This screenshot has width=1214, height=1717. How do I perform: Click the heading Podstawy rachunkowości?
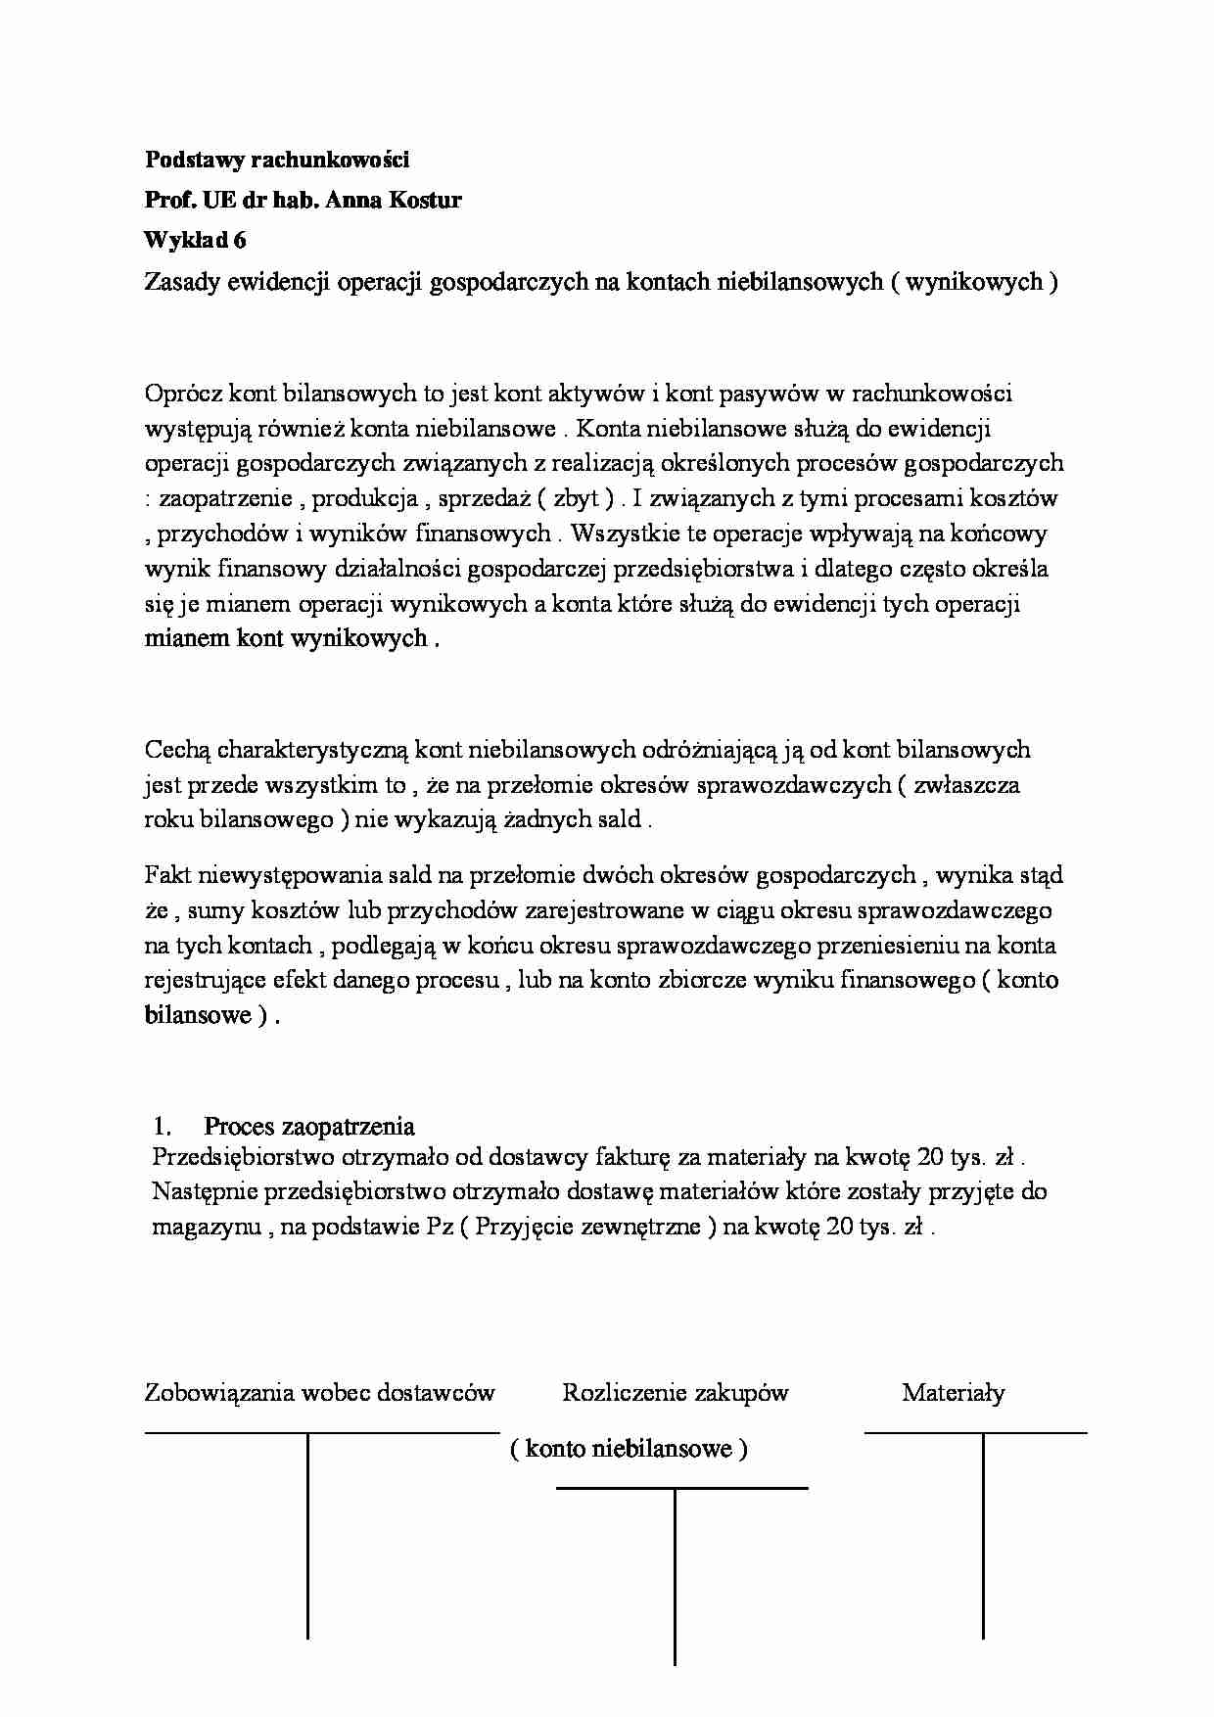[x=277, y=159]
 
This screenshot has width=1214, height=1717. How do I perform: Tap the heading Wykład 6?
[x=195, y=241]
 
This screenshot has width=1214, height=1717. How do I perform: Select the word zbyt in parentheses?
[x=577, y=498]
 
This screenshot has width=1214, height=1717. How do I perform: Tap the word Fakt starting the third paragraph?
[x=167, y=875]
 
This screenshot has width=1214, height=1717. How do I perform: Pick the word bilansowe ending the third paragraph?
[x=198, y=1015]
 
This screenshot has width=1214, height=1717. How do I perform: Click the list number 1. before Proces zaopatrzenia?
[x=163, y=1126]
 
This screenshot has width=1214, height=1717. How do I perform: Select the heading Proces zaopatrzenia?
[x=308, y=1126]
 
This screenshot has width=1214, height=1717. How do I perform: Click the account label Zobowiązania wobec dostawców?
[x=319, y=1392]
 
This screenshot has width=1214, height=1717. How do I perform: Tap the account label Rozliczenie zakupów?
[x=675, y=1392]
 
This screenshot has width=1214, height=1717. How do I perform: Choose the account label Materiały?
[x=953, y=1392]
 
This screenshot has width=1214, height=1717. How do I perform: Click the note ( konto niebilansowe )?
[x=628, y=1449]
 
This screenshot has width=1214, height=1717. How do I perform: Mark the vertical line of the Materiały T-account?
[x=983, y=1537]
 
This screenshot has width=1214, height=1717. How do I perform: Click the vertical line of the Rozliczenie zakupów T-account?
[x=675, y=1576]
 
